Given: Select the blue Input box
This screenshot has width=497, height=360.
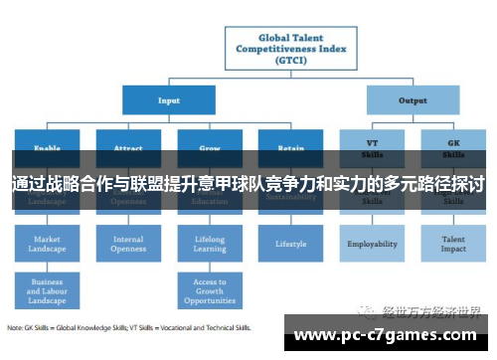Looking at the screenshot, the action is pos(169,99).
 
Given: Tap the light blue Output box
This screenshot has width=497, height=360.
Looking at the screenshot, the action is pos(413,99).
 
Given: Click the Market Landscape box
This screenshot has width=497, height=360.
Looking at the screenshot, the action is pos(47,244).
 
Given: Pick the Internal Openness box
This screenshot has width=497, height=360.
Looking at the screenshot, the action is pos(128,244).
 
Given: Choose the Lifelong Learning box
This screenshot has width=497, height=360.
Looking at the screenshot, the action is pos(210,244).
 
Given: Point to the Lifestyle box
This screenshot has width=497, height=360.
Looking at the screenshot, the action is pos(291,244).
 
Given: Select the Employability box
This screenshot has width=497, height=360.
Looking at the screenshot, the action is pos(372,244).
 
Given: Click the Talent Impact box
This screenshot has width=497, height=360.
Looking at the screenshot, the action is pos(453,244).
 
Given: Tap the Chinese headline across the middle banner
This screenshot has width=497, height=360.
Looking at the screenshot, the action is pos(248,184).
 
